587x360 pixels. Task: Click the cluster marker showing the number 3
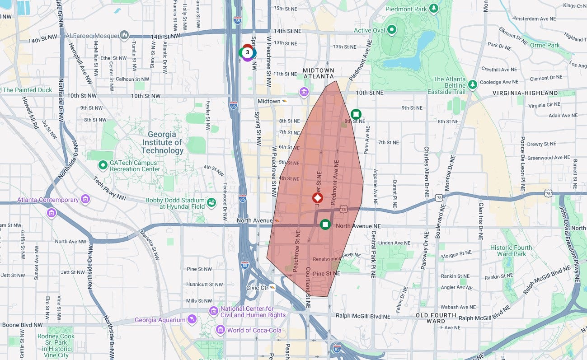point(247,52)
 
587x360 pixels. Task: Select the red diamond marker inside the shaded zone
point(318,198)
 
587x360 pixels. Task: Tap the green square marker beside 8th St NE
point(356,114)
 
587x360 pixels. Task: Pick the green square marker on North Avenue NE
point(325,224)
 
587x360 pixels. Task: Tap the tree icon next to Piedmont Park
point(434,8)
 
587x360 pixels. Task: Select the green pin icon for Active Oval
point(392,30)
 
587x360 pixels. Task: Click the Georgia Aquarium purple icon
point(192,320)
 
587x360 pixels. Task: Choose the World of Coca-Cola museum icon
point(220,330)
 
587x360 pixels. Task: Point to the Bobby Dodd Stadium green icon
point(211,203)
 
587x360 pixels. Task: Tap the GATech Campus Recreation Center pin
point(103,165)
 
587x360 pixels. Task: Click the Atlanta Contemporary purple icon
point(85,199)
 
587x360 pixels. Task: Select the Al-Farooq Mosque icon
point(124,35)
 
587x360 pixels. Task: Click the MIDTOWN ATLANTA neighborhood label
point(319,73)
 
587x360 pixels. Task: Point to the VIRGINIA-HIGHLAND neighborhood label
point(525,93)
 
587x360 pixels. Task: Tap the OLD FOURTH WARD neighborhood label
point(436,318)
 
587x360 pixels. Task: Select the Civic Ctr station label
point(257,288)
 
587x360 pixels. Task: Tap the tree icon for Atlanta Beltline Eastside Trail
point(472,84)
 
